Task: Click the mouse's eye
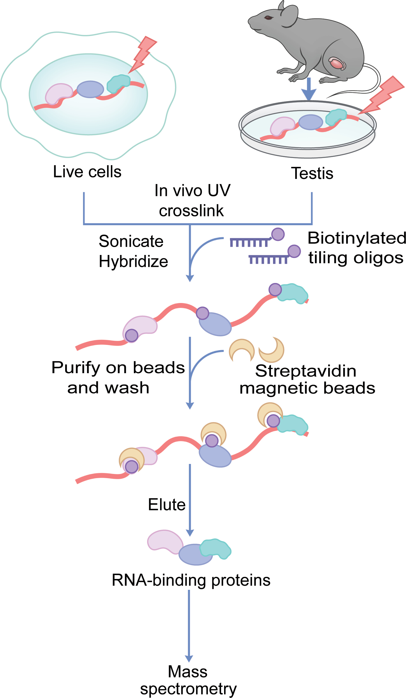[x=269, y=18]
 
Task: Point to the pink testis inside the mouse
[x=337, y=63]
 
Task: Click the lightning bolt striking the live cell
[x=142, y=55]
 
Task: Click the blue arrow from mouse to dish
[x=309, y=89]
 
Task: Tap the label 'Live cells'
[x=87, y=172]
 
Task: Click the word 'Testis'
[x=312, y=173]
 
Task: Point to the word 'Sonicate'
[x=131, y=241]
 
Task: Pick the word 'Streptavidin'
[x=306, y=371]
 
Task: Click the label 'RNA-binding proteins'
[x=191, y=580]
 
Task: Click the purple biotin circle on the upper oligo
[x=278, y=234]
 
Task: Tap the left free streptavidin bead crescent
[x=242, y=350]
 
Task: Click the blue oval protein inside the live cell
[x=90, y=89]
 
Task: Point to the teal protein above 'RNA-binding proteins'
[x=216, y=549]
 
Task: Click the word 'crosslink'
[x=191, y=211]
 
